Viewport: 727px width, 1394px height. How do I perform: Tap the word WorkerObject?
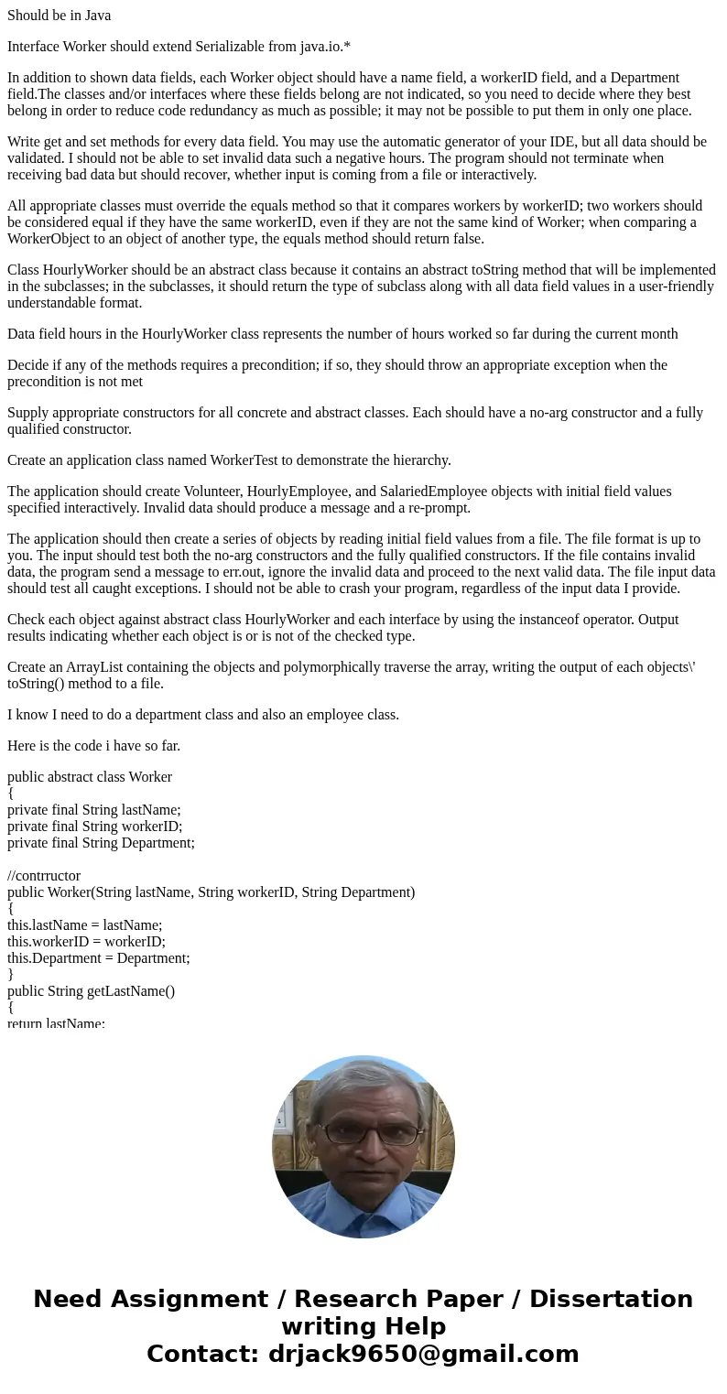(x=54, y=239)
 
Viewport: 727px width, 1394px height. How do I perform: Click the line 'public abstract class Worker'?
(x=90, y=777)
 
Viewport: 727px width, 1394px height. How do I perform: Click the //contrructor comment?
(x=44, y=876)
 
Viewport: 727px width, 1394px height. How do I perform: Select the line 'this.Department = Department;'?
(x=99, y=958)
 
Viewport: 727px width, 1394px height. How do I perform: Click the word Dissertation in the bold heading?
(x=611, y=1300)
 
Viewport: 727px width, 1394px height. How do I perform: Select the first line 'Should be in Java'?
(x=59, y=16)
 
